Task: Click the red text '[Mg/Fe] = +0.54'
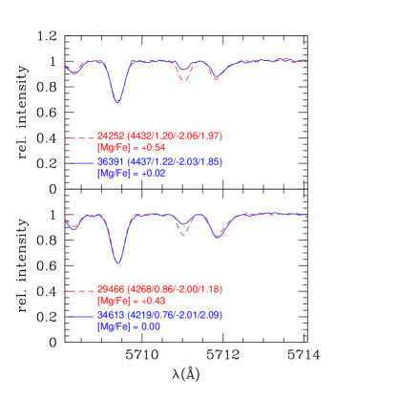[131, 148]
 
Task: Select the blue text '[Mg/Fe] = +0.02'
[131, 174]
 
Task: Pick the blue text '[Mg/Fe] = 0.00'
[128, 326]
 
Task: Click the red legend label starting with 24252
[159, 136]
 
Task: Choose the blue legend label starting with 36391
[159, 162]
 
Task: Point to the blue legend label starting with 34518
[159, 314]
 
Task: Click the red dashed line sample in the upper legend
[79, 139]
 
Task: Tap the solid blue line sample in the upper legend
[79, 164]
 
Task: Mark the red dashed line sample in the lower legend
[79, 290]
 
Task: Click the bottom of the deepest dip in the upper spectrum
[117, 101]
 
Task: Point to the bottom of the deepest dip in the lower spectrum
[118, 262]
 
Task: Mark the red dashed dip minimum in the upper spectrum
[184, 82]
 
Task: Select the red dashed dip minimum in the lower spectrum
[184, 234]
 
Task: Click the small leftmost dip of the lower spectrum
[73, 228]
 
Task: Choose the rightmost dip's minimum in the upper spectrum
[217, 77]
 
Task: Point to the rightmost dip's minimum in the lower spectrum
[219, 236]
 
